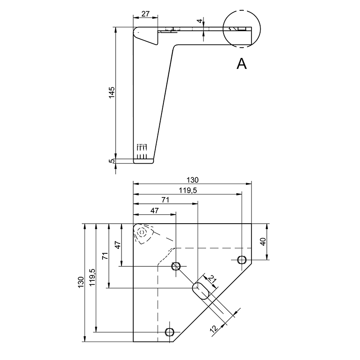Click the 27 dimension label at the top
(145, 14)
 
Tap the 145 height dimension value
(112, 93)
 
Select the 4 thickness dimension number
(200, 21)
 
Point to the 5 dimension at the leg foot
(112, 161)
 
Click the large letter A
(242, 63)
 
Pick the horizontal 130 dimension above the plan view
(192, 180)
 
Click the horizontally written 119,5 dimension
(188, 190)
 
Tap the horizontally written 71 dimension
(165, 200)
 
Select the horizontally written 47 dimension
(154, 211)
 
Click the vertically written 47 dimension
(118, 245)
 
